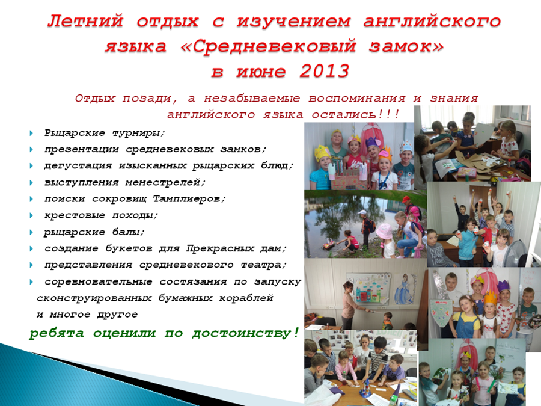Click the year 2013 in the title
pyautogui.click(x=325, y=71)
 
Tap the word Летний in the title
pyautogui.click(x=85, y=22)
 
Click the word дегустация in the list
pyautogui.click(x=78, y=166)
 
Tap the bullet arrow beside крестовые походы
pyautogui.click(x=31, y=215)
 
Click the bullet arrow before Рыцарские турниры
pyautogui.click(x=31, y=133)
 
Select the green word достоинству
pyautogui.click(x=245, y=333)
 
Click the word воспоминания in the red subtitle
pyautogui.click(x=356, y=99)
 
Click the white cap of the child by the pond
pyautogui.click(x=362, y=213)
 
